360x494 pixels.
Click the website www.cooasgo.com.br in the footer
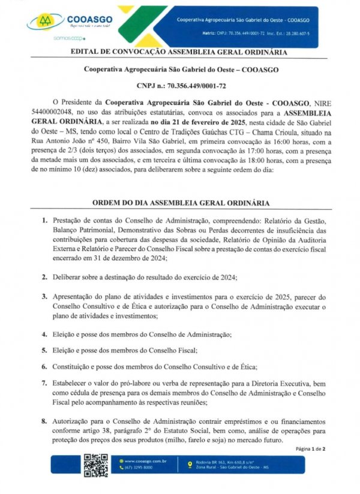pos(144,461)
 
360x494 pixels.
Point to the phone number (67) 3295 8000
pos(139,467)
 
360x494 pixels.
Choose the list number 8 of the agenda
pos(44,422)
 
